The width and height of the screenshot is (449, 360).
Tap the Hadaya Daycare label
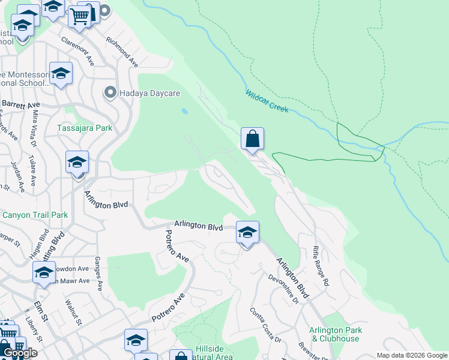tap(141, 93)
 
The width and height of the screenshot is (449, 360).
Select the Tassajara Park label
tap(85, 128)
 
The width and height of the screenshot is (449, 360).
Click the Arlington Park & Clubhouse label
tap(335, 334)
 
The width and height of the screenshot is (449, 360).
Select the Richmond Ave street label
tap(122, 52)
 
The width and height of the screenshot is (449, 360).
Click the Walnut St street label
tap(74, 312)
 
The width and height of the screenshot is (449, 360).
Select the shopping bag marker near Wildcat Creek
tap(253, 139)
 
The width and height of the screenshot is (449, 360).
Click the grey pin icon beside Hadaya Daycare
tap(110, 93)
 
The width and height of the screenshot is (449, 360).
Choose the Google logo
tap(19, 353)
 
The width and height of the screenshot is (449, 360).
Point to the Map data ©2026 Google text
tap(412, 355)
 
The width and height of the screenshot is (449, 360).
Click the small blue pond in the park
tap(184, 111)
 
